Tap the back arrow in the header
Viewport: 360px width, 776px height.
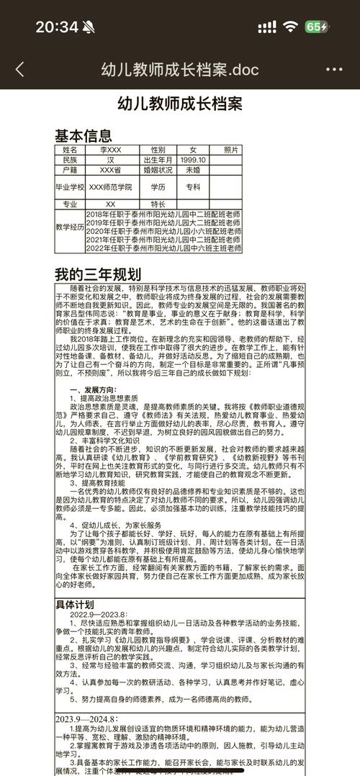point(19,69)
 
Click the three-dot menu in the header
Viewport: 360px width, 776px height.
point(334,69)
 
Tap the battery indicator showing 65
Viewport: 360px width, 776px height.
point(317,27)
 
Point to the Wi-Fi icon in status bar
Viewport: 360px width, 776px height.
point(290,27)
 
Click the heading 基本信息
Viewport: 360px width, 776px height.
point(84,135)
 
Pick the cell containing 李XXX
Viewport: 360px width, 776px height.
point(110,150)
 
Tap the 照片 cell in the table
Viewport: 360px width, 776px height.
point(230,150)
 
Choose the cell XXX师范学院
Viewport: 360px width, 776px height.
point(110,186)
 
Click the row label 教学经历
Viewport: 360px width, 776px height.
point(70,227)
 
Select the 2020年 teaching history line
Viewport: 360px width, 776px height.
point(163,231)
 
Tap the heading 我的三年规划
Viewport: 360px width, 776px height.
point(98,274)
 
